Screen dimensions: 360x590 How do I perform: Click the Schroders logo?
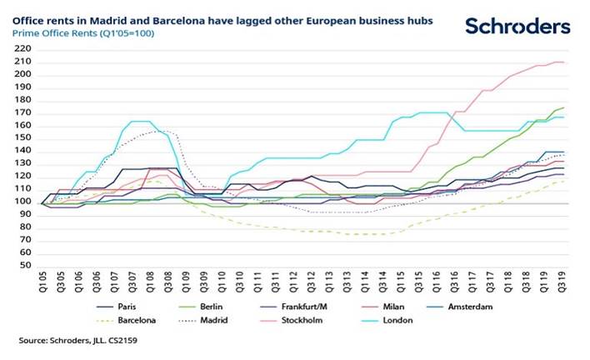coord(517,26)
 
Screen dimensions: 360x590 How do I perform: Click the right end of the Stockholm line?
coord(564,62)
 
